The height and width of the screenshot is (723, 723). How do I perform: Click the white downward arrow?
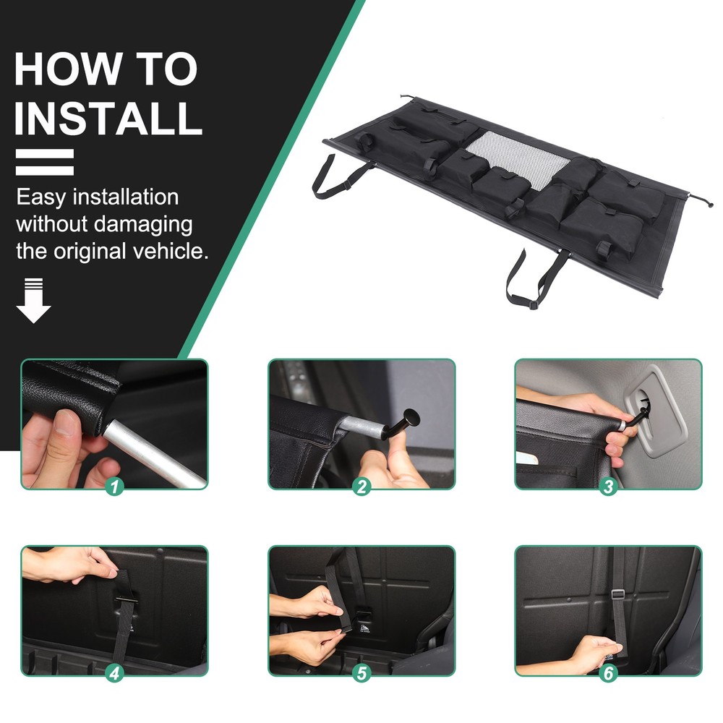tap(33, 300)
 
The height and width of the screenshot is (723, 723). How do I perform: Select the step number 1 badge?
tap(114, 487)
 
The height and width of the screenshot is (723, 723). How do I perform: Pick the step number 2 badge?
tap(361, 487)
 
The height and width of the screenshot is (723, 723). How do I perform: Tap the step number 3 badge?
tap(608, 487)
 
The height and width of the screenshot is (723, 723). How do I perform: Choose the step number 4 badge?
tap(114, 673)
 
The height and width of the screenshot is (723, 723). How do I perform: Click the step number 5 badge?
tap(361, 673)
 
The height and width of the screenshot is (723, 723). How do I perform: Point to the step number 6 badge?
tap(608, 673)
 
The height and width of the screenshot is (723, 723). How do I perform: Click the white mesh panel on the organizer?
tap(518, 160)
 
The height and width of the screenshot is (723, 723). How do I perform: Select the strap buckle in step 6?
tap(618, 594)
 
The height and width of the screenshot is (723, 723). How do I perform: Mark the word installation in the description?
tap(126, 197)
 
